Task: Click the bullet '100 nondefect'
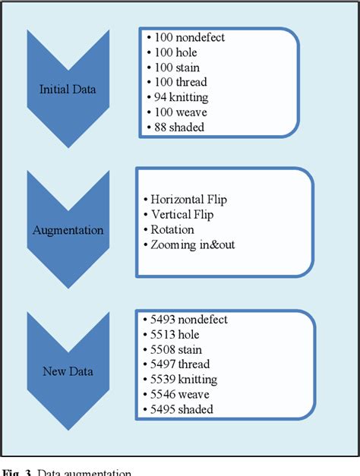point(189,36)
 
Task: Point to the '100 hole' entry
point(178,52)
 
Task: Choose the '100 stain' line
point(179,67)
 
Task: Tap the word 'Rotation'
point(172,229)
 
